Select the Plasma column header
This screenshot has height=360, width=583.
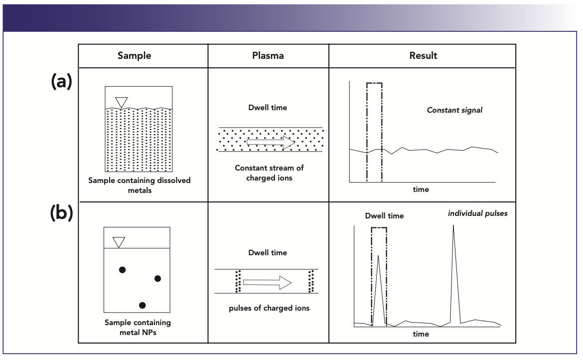[x=268, y=56]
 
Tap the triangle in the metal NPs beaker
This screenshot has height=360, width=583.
[x=119, y=242]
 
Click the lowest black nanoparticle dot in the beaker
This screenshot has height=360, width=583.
[x=143, y=305]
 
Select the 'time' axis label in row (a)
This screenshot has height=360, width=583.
[x=421, y=189]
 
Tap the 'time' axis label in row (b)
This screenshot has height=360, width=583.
[x=421, y=334]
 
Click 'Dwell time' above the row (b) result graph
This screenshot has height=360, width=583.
[x=384, y=216]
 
